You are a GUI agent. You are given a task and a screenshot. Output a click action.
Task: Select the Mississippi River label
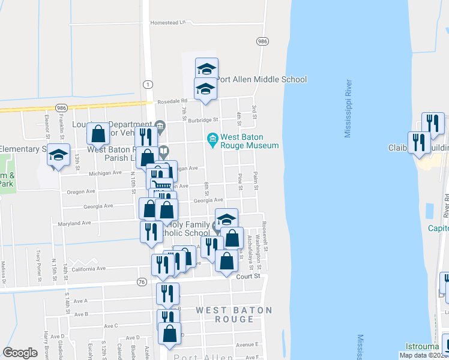click(348, 109)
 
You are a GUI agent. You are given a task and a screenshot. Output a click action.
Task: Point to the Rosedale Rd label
click(173, 101)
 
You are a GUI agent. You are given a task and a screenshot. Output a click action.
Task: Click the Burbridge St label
click(197, 119)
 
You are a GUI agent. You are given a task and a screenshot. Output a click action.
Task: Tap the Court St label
click(250, 277)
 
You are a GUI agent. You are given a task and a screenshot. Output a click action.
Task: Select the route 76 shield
click(142, 281)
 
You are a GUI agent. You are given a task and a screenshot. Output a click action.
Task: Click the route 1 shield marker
click(147, 85)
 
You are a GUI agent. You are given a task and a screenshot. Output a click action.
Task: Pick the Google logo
click(20, 353)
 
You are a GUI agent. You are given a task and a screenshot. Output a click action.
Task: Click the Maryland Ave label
click(74, 223)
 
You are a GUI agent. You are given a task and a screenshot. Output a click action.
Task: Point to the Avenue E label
click(246, 344)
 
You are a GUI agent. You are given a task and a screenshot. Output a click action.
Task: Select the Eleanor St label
click(46, 125)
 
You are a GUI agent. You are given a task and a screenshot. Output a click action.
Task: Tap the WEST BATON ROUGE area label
click(234, 314)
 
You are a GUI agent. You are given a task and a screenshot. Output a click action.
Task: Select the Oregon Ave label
click(81, 192)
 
